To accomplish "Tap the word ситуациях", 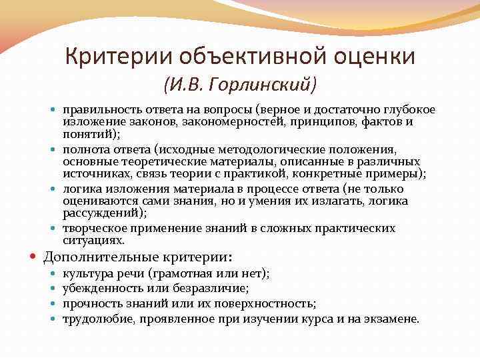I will click(x=93, y=240).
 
